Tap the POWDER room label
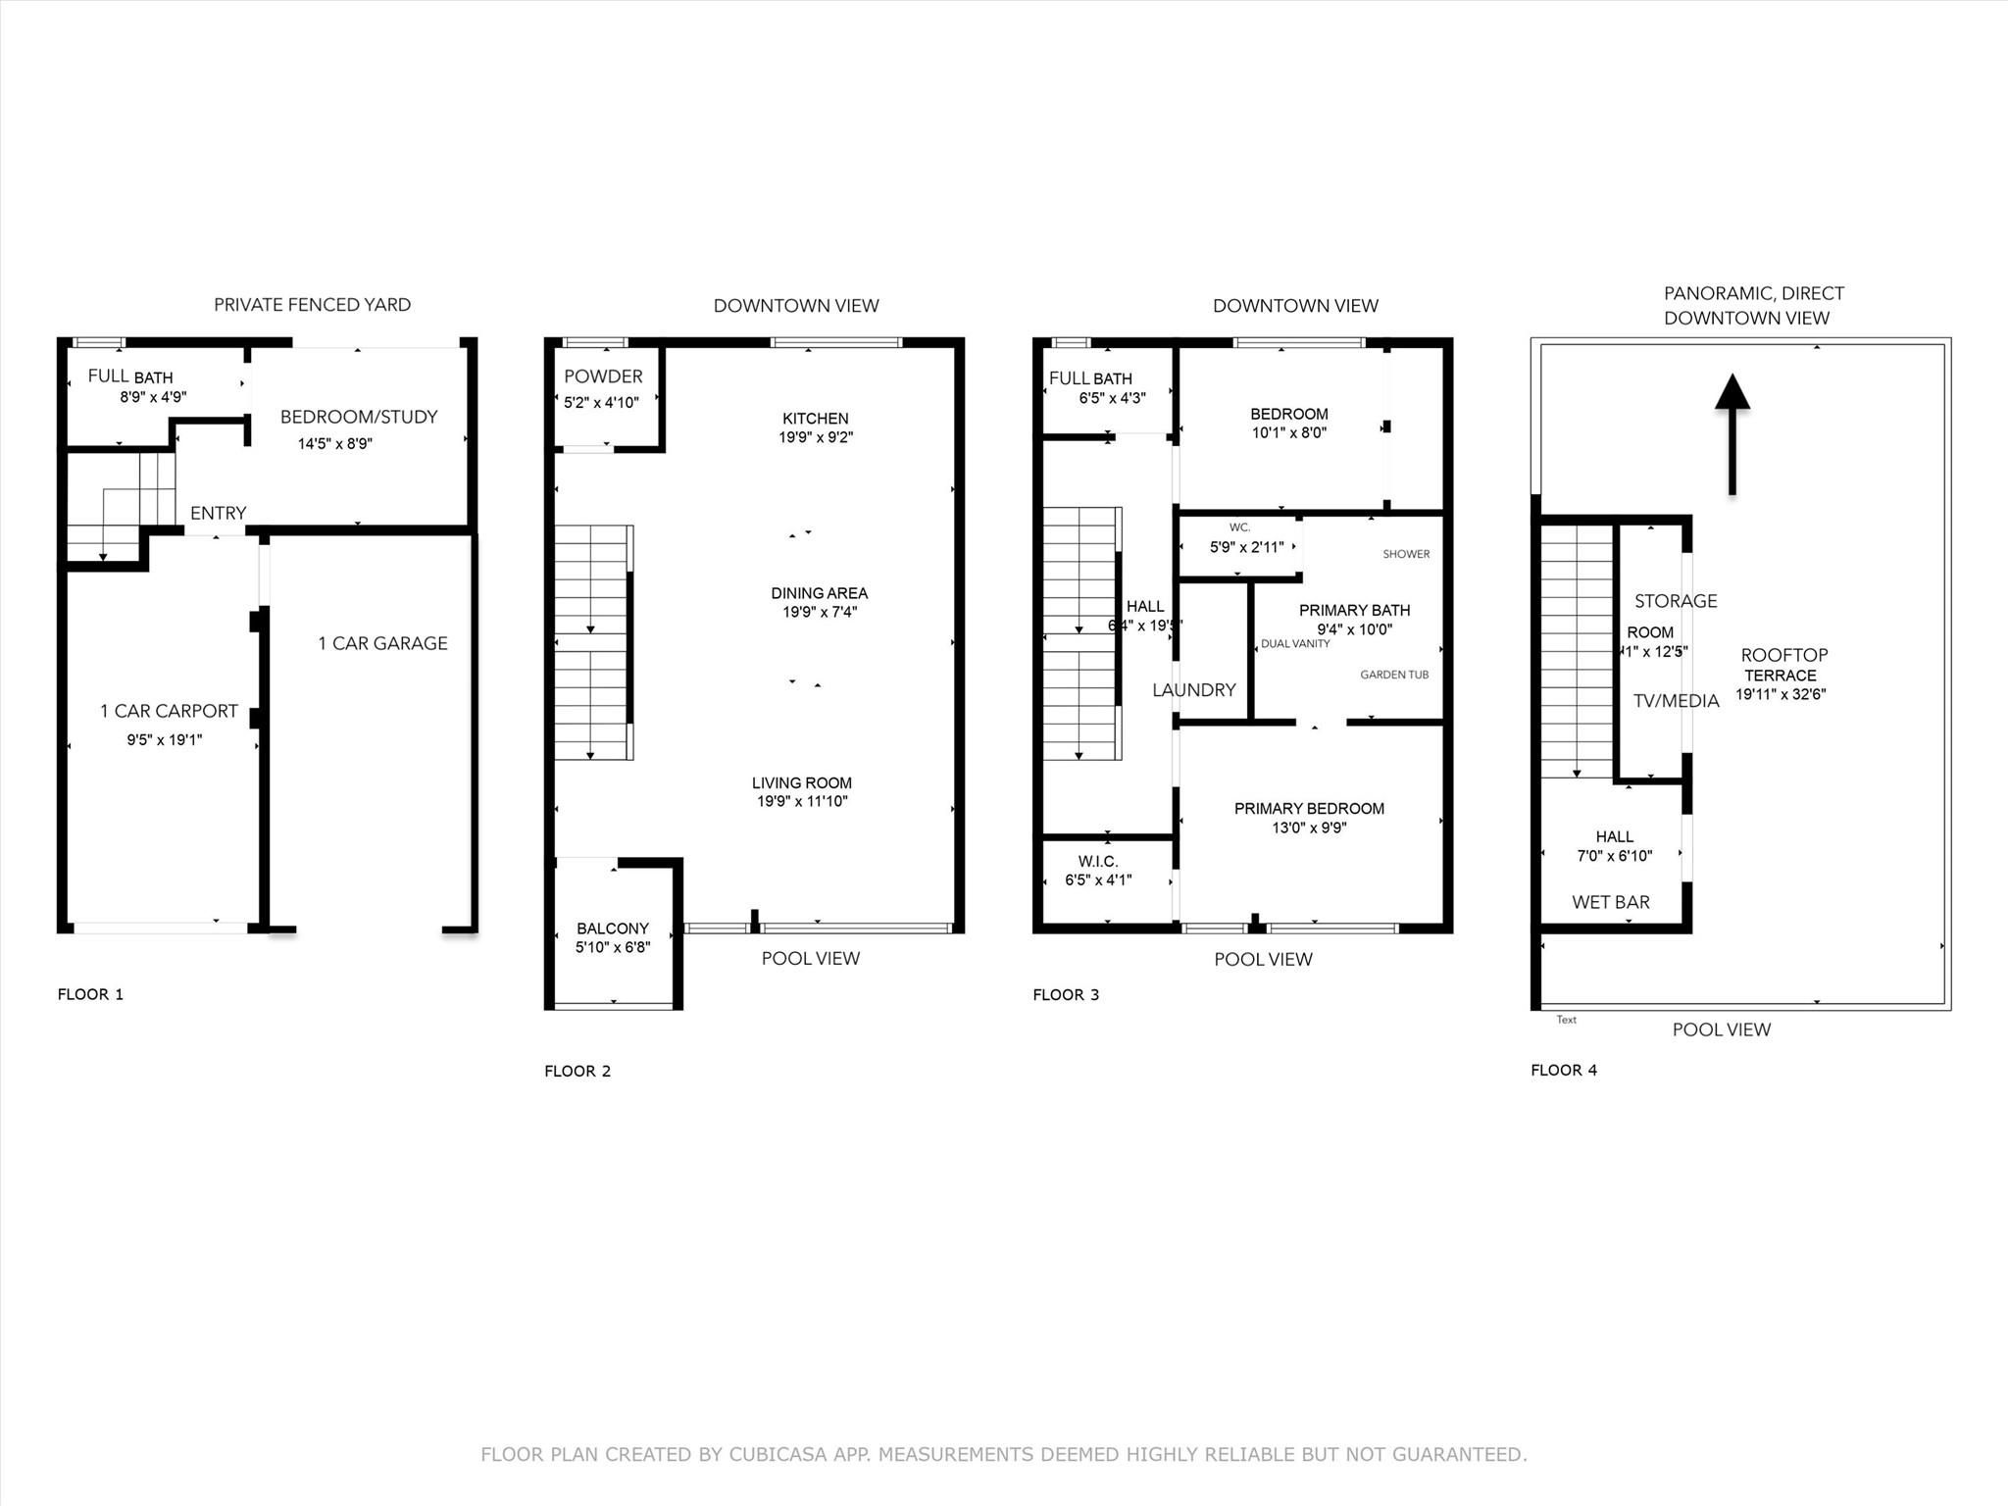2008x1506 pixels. click(603, 376)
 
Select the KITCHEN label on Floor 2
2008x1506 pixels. click(816, 419)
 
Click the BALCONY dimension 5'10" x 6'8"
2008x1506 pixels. click(613, 947)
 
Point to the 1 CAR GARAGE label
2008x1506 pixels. click(382, 643)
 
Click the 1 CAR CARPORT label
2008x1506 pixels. click(169, 711)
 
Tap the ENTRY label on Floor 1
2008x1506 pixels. click(218, 513)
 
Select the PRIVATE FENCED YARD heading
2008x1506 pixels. click(312, 305)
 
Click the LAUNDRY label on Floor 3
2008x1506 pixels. click(1193, 690)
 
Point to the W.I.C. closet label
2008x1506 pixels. click(1097, 862)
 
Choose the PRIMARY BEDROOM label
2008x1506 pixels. click(1309, 809)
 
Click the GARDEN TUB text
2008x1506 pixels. click(1393, 675)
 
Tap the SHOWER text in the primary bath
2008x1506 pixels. click(1406, 554)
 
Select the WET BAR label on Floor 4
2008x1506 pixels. click(1610, 902)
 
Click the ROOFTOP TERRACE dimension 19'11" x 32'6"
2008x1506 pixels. click(1781, 694)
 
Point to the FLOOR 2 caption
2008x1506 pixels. click(577, 1071)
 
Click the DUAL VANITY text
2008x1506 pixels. click(1295, 644)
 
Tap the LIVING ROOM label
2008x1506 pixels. click(802, 782)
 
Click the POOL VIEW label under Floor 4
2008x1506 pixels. click(1721, 1029)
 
